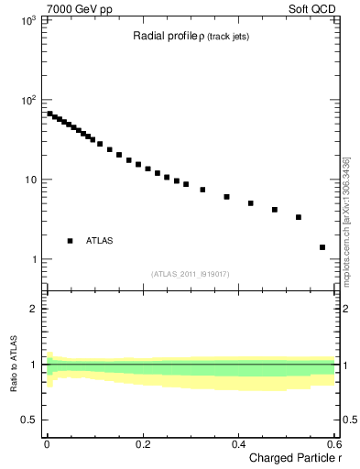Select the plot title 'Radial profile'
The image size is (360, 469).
[164, 36]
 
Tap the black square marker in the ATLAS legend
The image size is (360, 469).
[70, 241]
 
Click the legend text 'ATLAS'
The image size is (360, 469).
[100, 241]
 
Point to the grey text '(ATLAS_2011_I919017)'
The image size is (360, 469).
[191, 274]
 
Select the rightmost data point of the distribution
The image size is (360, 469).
[322, 247]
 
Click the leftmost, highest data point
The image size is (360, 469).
[49, 114]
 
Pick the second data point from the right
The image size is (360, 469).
[299, 217]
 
